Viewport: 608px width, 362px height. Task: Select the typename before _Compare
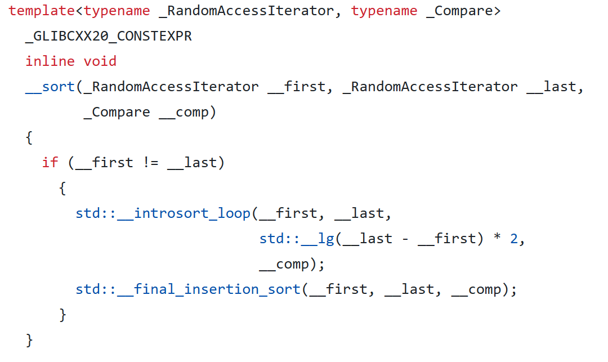click(x=385, y=11)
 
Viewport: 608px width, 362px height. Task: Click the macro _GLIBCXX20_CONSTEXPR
click(x=109, y=36)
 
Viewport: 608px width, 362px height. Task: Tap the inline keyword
click(x=50, y=61)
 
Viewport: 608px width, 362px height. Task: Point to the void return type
click(x=100, y=61)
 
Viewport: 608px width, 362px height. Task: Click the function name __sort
click(x=50, y=87)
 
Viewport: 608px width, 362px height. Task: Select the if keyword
click(x=50, y=163)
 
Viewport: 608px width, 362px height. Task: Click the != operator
click(x=150, y=163)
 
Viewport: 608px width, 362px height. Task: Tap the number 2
click(x=513, y=239)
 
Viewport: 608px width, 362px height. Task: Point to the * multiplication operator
click(x=497, y=239)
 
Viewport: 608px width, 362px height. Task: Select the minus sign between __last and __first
click(x=405, y=239)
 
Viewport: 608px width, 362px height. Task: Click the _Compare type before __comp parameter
click(x=117, y=112)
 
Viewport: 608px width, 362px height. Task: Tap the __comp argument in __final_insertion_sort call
click(x=476, y=289)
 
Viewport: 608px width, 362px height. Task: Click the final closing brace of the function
click(x=29, y=340)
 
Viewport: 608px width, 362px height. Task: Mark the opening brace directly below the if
click(x=62, y=188)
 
